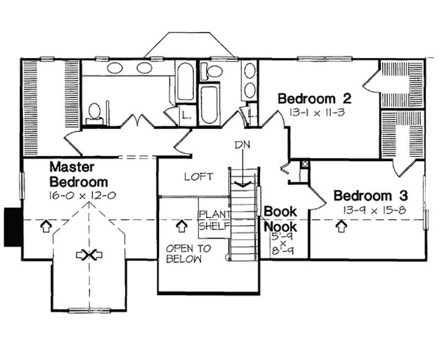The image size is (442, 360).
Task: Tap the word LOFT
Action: (199, 177)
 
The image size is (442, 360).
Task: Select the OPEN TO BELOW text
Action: (184, 253)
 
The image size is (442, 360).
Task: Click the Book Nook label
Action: (280, 219)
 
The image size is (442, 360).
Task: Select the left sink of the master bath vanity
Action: (115, 68)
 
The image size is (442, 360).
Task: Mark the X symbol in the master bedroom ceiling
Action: (86, 255)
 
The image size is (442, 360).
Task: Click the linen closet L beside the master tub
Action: (186, 115)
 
